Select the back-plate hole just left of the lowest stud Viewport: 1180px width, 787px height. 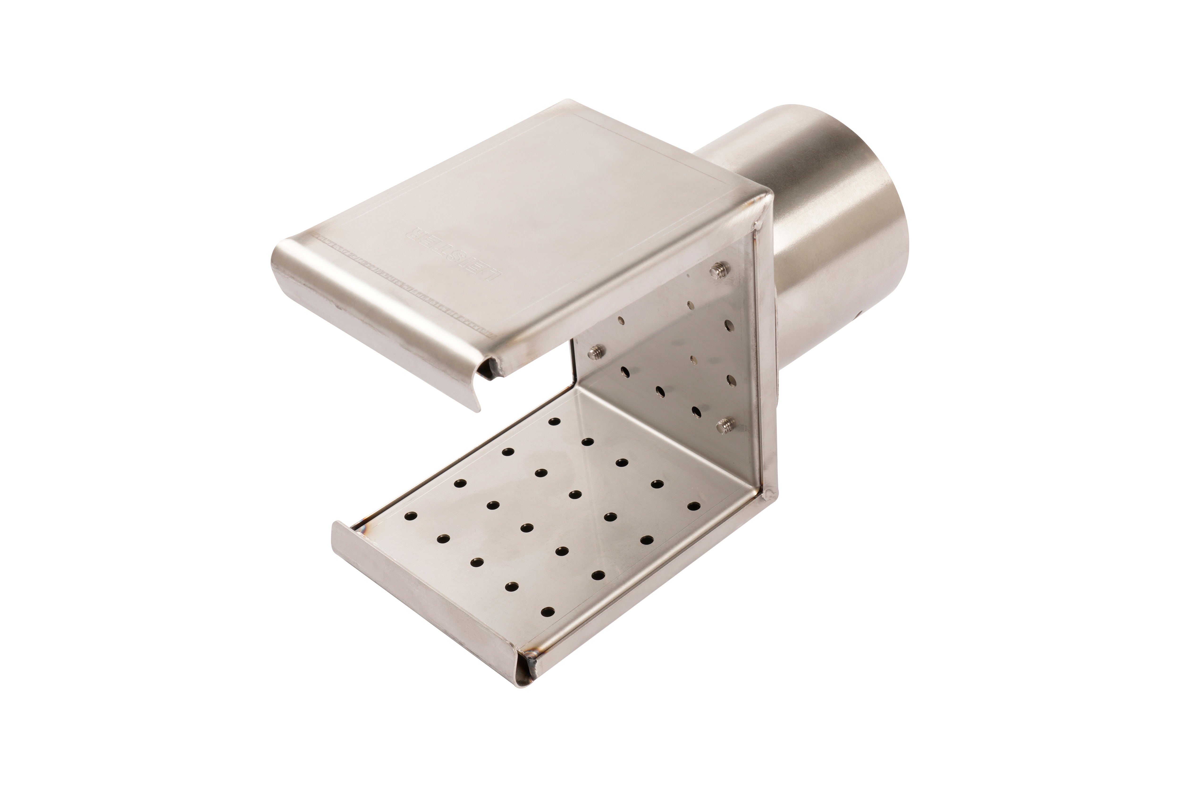(x=696, y=411)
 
